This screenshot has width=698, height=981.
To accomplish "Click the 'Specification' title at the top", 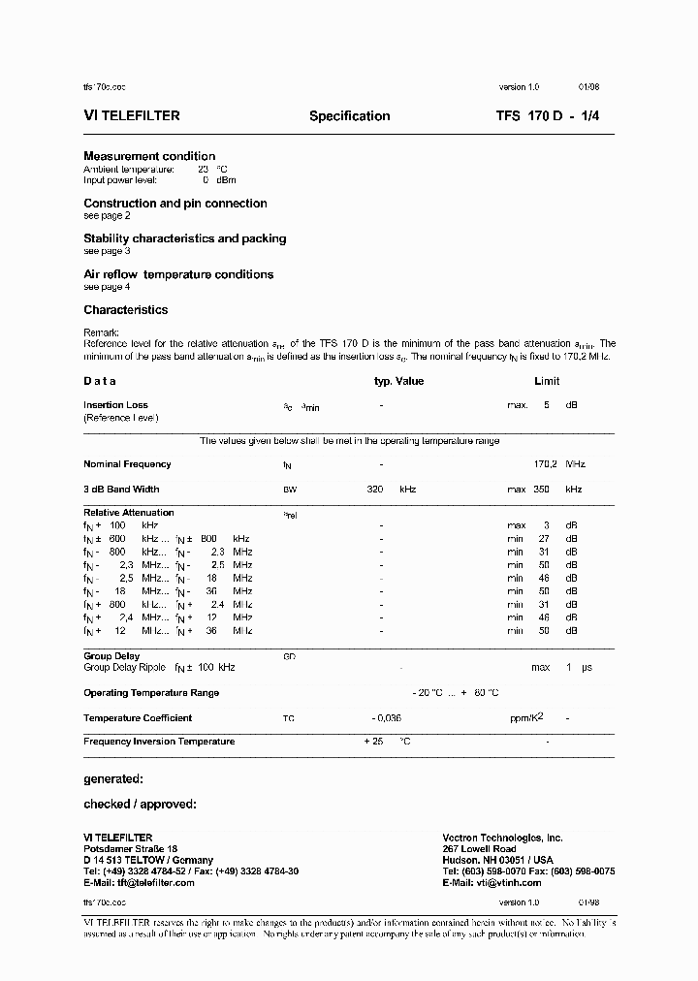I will coord(349,116).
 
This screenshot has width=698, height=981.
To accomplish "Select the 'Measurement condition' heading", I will coord(149,156).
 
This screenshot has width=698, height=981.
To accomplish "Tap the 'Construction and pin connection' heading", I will coord(174,204).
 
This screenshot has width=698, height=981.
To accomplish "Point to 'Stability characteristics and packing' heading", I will coord(184,238).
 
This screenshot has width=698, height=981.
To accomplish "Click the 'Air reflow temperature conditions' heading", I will coord(178,274).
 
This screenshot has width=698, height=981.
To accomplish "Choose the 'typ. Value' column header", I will coord(399,382).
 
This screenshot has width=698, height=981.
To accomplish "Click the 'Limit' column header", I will coord(547,382).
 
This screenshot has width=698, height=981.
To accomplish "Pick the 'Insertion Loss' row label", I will coord(115,405).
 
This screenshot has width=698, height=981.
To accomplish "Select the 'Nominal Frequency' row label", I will coord(127,464).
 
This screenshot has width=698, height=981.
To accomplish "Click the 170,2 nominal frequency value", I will coord(544,464).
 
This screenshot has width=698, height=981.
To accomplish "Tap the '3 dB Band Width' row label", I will coord(121,490).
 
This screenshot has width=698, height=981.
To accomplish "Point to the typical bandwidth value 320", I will coord(375,490).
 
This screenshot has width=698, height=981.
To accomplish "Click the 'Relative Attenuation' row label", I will coord(129,513).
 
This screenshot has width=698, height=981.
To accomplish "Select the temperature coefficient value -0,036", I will coord(386,718).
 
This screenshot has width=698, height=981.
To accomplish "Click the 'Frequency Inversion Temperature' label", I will coord(159,742).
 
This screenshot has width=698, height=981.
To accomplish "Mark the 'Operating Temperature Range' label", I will coord(151,693).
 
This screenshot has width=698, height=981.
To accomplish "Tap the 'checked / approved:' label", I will coord(140,804).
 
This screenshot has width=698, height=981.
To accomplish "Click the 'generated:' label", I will coord(113,778).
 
